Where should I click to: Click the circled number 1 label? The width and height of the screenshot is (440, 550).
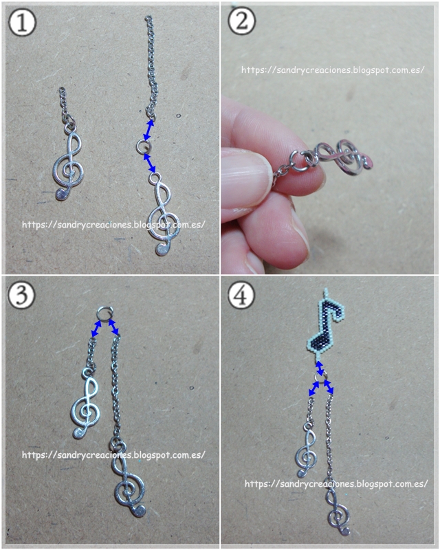[22, 21]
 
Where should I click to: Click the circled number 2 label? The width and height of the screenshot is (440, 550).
[242, 21]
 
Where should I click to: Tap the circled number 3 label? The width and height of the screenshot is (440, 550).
[22, 294]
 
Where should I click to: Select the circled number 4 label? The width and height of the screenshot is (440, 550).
[242, 294]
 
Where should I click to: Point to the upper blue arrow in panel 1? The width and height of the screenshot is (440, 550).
[149, 130]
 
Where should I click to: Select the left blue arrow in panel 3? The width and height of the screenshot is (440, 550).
[96, 329]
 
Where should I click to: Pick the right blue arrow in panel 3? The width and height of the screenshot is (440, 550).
[113, 327]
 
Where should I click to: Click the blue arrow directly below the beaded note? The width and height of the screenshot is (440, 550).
[320, 368]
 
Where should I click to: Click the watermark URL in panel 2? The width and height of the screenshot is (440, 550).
[332, 70]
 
